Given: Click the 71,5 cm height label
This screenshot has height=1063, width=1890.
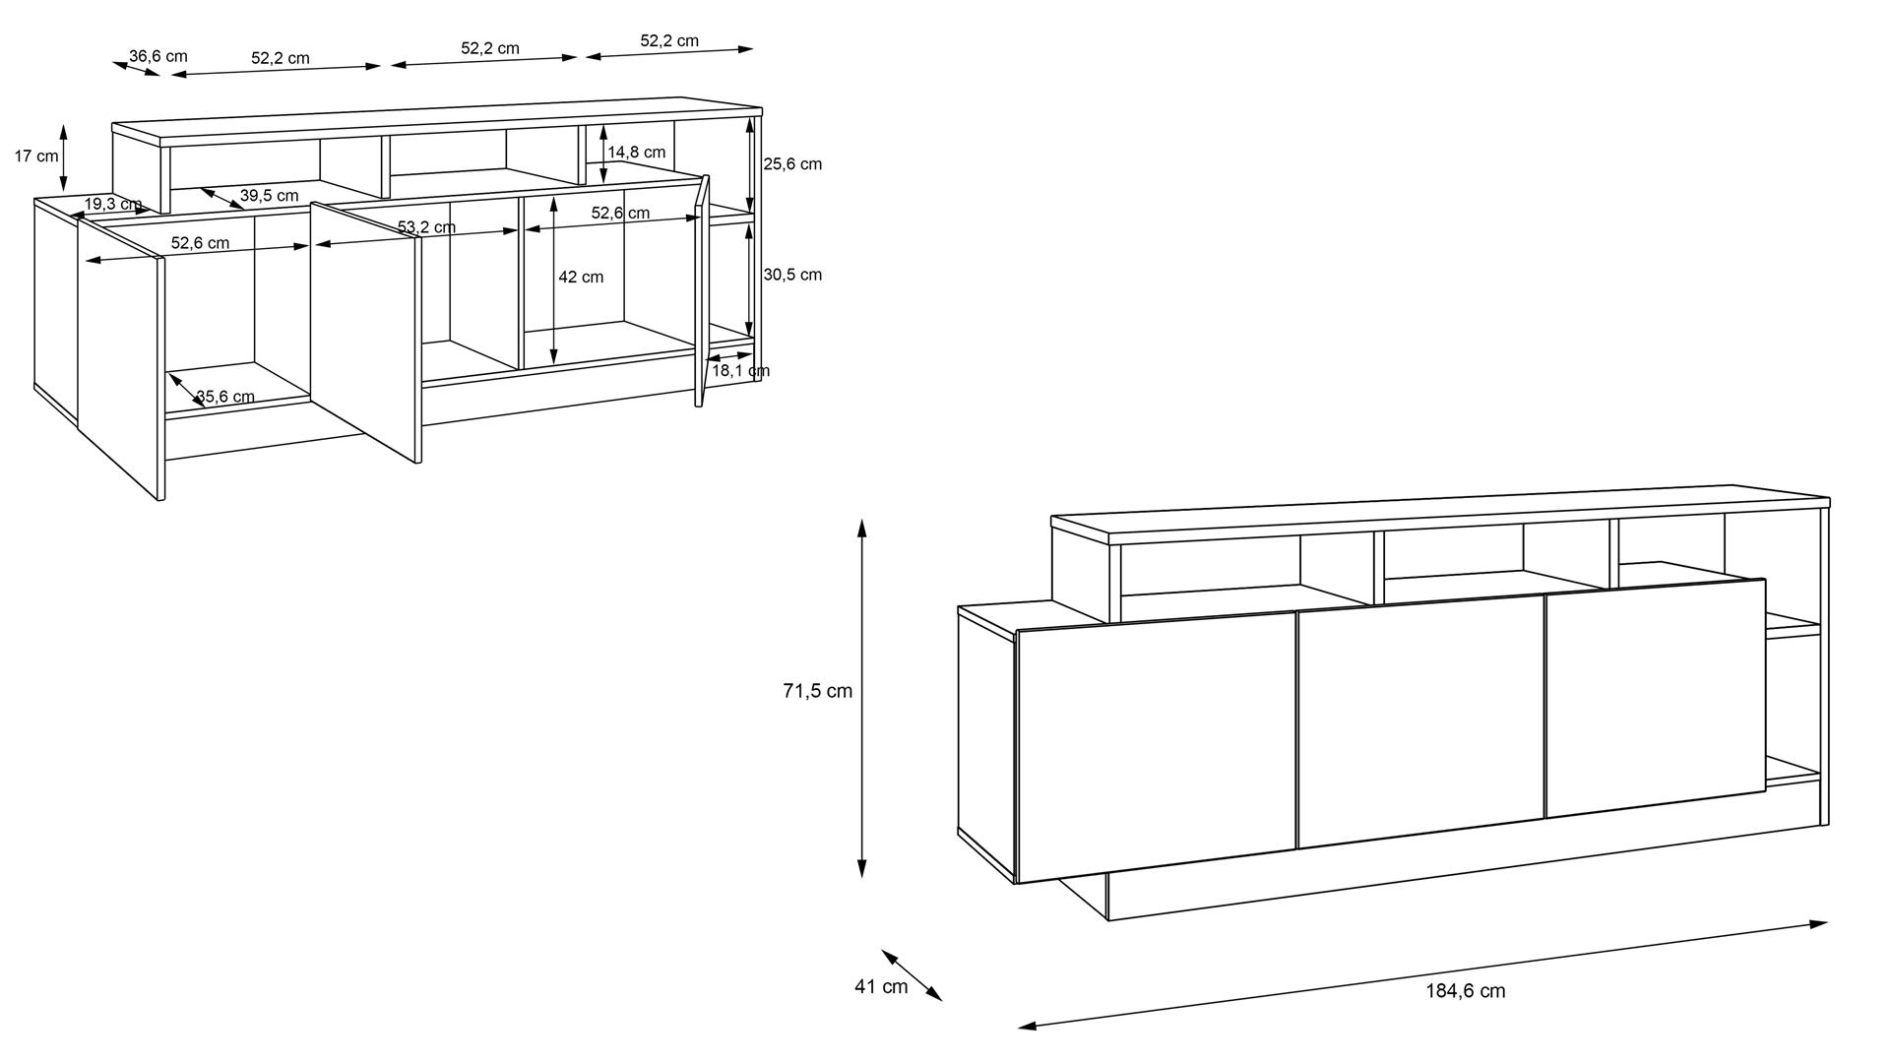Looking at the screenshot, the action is tap(817, 691).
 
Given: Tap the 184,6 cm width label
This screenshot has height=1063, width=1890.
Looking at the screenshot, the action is tap(1466, 991).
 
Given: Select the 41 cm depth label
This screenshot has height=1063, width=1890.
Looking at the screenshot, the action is tap(881, 986).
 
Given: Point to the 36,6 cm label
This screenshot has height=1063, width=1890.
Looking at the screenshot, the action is tap(158, 56).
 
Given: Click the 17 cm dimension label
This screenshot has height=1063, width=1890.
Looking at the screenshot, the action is tap(36, 156).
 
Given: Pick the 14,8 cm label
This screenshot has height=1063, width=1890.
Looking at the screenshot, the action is tap(637, 152).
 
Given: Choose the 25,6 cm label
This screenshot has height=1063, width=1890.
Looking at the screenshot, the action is tap(792, 163).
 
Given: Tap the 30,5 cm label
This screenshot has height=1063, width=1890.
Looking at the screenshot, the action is tap(792, 275).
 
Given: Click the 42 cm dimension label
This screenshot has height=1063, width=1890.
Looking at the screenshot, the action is tap(581, 277).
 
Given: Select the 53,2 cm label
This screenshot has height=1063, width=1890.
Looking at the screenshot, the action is tap(426, 227).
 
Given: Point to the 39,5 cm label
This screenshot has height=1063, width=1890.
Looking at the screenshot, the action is tap(269, 195).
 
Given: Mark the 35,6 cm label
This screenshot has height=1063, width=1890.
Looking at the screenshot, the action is tap(225, 397).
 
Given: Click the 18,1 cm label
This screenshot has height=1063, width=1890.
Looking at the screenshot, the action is tap(740, 370).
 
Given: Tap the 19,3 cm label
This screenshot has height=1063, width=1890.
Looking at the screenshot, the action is tap(113, 204).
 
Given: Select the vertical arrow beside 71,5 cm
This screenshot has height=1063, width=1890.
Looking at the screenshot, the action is tap(861, 698).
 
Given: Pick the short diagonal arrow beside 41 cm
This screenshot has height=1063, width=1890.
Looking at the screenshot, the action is tap(912, 975).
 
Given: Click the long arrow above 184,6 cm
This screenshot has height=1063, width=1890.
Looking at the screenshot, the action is tap(1422, 974).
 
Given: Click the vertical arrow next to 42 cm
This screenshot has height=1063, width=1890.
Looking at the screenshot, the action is tap(554, 281).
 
